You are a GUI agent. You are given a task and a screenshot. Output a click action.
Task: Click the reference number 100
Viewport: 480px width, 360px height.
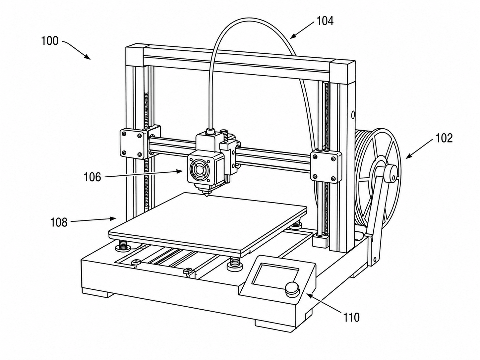(x=50, y=41)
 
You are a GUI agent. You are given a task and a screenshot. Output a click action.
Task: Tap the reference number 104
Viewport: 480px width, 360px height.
(x=325, y=21)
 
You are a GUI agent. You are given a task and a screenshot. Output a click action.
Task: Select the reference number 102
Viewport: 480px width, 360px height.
(x=444, y=138)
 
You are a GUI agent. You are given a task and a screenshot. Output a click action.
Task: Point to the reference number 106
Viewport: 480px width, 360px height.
(x=92, y=177)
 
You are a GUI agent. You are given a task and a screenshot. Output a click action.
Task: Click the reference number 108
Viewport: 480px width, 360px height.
(x=59, y=222)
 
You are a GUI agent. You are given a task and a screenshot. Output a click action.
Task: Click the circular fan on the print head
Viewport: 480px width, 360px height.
(x=199, y=169)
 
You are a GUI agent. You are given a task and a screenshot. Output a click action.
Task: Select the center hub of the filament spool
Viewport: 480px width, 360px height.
(x=391, y=173)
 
